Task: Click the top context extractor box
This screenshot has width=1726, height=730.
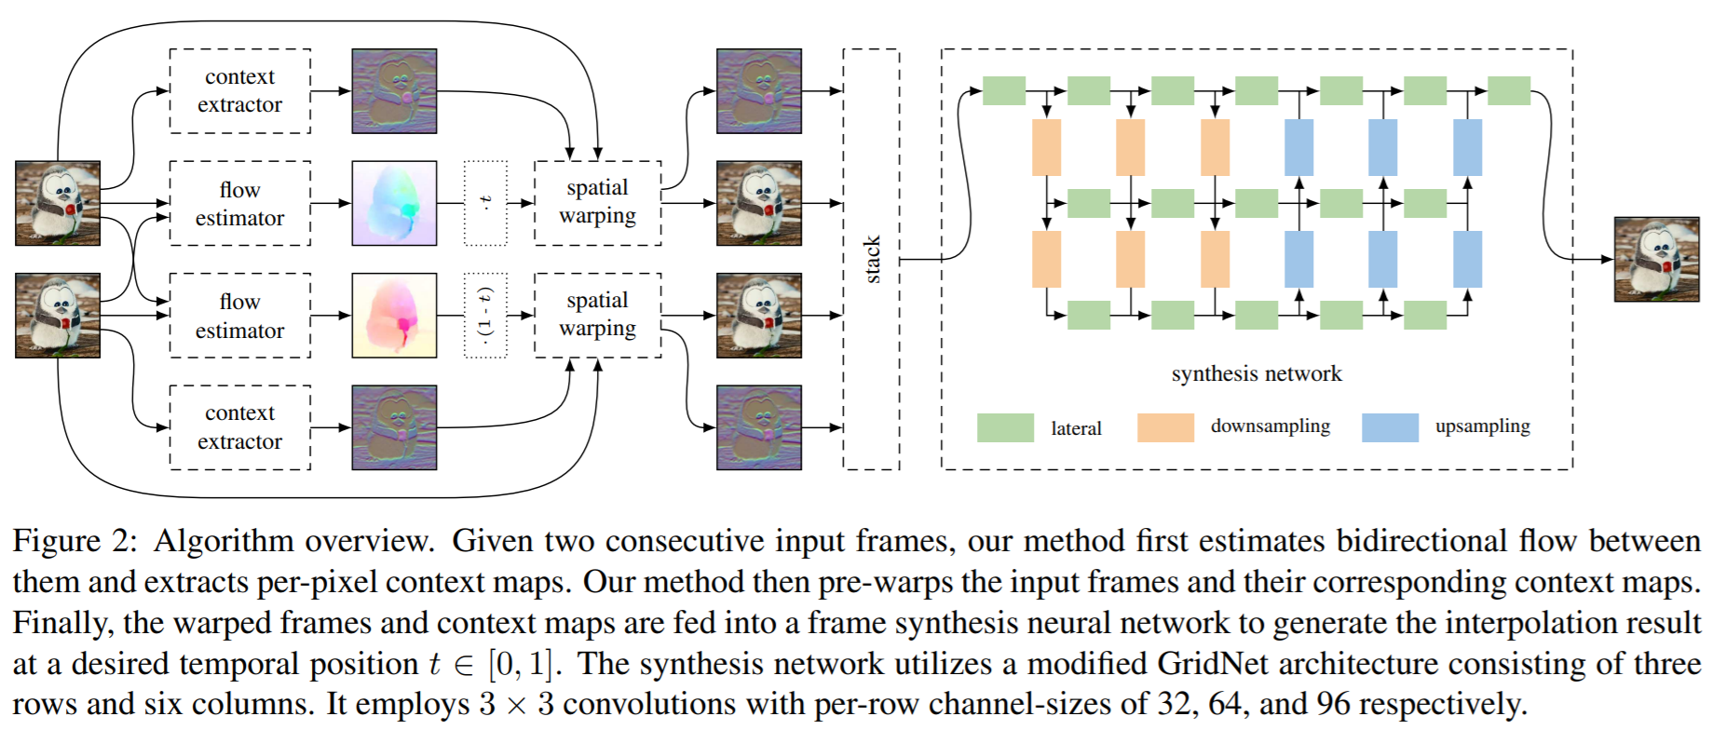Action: [239, 91]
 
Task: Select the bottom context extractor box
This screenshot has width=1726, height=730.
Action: [239, 427]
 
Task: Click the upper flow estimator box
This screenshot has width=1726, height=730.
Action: [239, 203]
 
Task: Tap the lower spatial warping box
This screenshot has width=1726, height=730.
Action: [597, 315]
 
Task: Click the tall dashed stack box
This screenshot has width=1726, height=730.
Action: [871, 259]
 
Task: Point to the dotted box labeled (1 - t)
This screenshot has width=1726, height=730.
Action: [485, 315]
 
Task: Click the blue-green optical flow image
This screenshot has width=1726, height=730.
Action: [394, 203]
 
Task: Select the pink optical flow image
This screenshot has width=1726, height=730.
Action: [394, 315]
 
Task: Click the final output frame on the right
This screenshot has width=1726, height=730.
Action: [1656, 259]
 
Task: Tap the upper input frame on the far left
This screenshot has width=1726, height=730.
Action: [58, 203]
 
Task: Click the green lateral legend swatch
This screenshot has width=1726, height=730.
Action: [1005, 427]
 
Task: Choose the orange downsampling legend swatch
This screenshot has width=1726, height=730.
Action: [1165, 427]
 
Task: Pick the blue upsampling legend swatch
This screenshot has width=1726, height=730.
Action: [1390, 427]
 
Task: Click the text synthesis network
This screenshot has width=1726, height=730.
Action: [1257, 373]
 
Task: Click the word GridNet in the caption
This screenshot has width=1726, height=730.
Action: [1203, 664]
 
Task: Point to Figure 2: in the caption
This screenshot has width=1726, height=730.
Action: [75, 541]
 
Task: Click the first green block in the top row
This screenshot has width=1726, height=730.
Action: [1004, 90]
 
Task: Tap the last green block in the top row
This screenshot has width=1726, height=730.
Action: [1509, 90]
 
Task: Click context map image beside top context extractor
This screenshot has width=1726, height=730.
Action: [394, 91]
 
